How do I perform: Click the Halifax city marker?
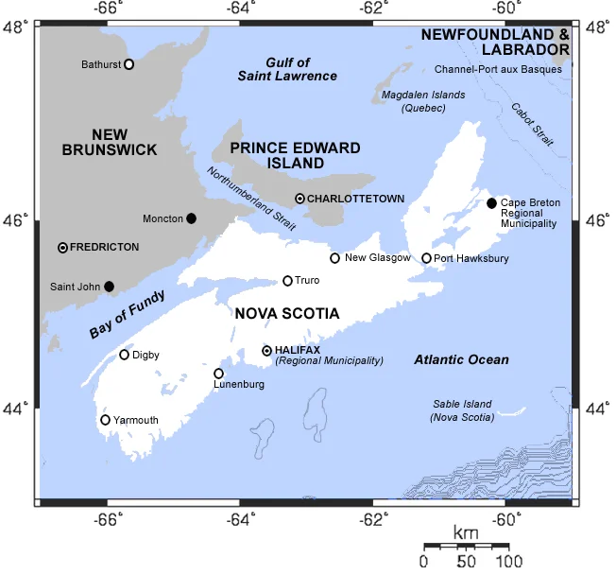click(x=267, y=350)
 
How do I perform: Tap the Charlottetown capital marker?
click(x=299, y=199)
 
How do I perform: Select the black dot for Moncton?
click(x=192, y=218)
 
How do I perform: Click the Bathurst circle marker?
click(x=128, y=64)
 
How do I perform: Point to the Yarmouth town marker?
click(x=106, y=420)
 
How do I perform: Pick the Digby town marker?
click(x=124, y=355)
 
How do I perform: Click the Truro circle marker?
click(x=288, y=281)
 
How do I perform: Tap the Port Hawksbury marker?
click(x=426, y=258)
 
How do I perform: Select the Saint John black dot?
click(x=109, y=286)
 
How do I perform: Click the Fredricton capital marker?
click(x=63, y=247)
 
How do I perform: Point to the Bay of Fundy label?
click(x=128, y=315)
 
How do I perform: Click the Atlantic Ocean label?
click(x=461, y=359)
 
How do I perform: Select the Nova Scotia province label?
click(x=287, y=313)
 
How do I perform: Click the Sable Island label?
click(x=462, y=409)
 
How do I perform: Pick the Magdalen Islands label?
click(x=422, y=101)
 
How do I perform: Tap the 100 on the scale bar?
click(x=496, y=562)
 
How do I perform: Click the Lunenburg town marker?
click(x=218, y=374)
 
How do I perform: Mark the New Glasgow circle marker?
click(x=334, y=258)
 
